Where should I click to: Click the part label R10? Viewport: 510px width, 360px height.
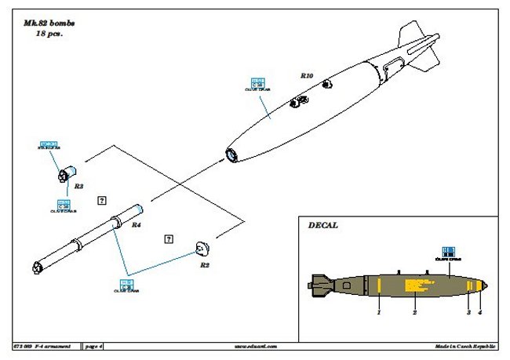pyautogui.click(x=307, y=75)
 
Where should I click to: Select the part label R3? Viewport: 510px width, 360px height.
pyautogui.click(x=78, y=187)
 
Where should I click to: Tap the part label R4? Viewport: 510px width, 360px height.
pyautogui.click(x=136, y=225)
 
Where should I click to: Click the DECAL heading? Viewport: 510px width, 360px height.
pyautogui.click(x=323, y=225)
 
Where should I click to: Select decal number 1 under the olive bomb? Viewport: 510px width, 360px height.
pyautogui.click(x=378, y=312)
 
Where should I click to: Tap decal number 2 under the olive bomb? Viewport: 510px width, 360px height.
pyautogui.click(x=414, y=312)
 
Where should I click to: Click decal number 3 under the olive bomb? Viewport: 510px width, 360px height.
pyautogui.click(x=469, y=312)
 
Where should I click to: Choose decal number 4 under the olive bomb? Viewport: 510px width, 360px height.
pyautogui.click(x=480, y=312)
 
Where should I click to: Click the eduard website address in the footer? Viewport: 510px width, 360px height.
pyautogui.click(x=258, y=346)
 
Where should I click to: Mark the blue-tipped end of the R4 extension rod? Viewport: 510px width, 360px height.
pyautogui.click(x=140, y=208)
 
